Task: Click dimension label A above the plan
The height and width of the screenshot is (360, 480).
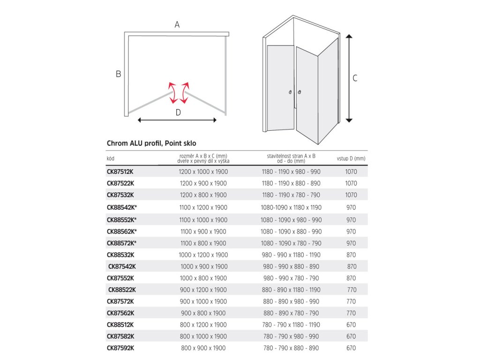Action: point(177,25)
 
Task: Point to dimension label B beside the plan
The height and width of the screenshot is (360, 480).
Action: point(119,74)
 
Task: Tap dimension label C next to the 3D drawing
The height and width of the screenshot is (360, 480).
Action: point(355,78)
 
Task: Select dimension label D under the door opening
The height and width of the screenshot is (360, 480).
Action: point(178,112)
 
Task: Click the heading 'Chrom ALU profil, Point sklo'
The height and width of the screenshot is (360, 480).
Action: point(151,143)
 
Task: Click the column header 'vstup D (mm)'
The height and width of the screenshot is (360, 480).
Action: point(351,158)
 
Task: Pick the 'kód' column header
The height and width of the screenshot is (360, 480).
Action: point(111,158)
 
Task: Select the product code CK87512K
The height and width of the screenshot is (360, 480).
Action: point(120,172)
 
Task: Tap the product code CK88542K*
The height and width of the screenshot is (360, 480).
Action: point(122,207)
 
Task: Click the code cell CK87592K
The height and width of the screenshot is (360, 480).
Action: point(120,348)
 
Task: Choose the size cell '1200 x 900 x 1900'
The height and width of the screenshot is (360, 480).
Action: point(203,183)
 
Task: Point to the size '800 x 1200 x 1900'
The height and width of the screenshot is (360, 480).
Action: point(203,324)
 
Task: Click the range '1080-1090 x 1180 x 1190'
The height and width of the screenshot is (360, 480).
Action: point(291,207)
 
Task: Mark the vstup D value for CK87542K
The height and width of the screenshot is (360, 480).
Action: point(352,266)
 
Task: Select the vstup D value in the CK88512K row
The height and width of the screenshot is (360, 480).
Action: point(351,324)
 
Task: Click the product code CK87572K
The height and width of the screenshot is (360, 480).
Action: point(120,301)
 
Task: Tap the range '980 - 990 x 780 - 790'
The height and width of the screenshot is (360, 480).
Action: point(291,278)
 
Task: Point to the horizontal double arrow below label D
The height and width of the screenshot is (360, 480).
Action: point(178,120)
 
